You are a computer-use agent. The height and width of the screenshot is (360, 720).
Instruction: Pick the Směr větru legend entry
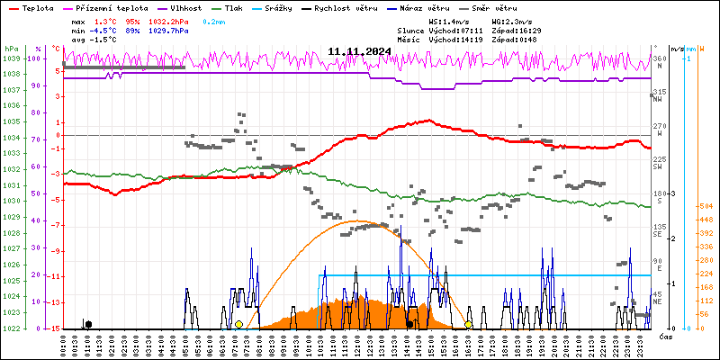[x=497, y=8]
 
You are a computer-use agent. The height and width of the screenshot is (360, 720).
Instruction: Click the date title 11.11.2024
[x=359, y=52]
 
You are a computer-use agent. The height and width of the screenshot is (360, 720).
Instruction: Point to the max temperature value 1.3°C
[x=104, y=20]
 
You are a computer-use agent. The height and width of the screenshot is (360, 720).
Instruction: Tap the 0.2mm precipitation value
[x=213, y=20]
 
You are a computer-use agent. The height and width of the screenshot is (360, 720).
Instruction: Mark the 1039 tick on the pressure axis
[x=12, y=58]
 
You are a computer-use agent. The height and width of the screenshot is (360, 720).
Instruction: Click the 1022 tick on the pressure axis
[x=12, y=328]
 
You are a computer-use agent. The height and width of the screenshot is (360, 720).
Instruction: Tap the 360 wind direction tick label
[x=658, y=58]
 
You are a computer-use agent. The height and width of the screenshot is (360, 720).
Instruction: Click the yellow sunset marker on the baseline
[x=468, y=324]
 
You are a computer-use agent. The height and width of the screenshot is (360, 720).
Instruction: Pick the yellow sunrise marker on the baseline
[x=238, y=324]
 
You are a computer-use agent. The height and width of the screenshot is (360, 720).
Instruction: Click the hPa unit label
[x=11, y=49]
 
